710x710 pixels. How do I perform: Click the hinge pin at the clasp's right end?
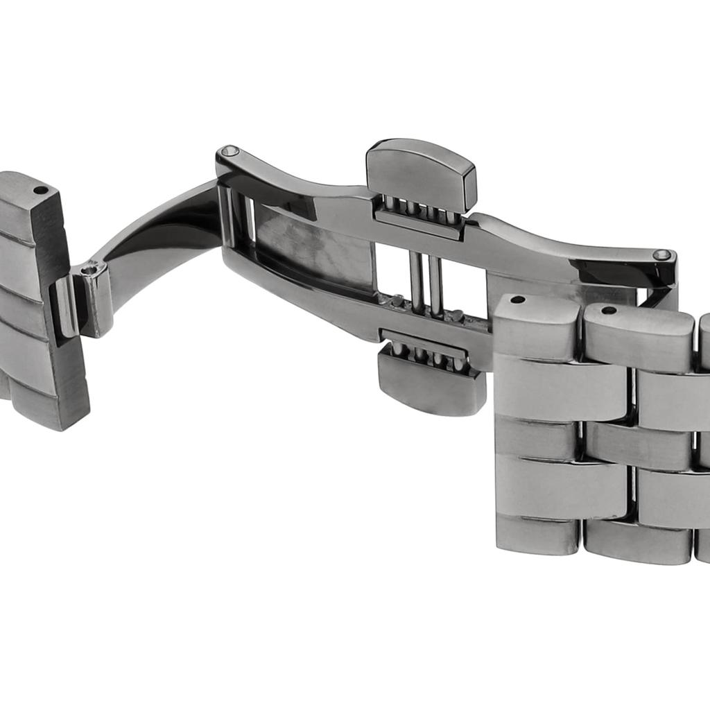pos(661,254)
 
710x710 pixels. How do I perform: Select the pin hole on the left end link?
pos(40,189)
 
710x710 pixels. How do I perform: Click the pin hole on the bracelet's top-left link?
pos(517,300)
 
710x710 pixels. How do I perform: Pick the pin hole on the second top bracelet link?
pos(608,309)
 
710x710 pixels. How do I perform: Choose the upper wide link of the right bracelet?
pos(562,388)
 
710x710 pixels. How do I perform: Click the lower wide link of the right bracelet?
pos(562,485)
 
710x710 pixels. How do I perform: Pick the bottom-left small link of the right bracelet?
pos(537,535)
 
